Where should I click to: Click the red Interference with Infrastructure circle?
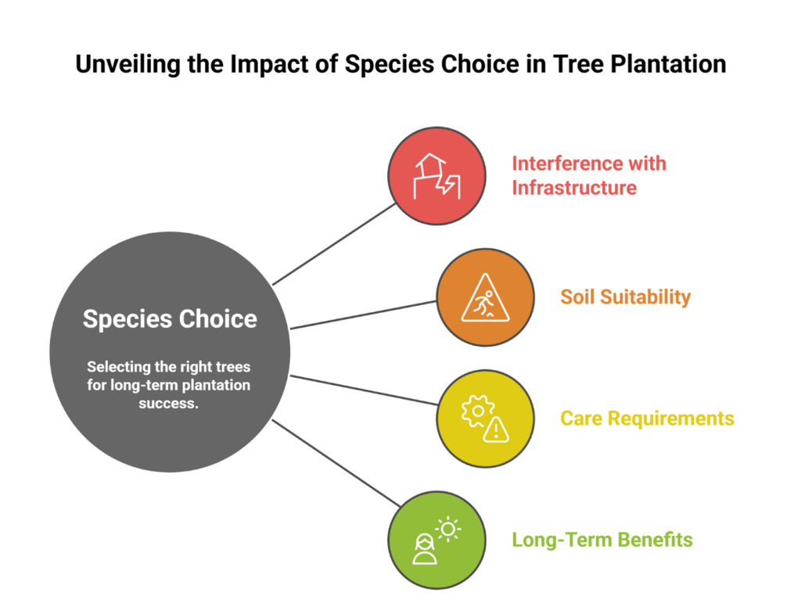pyautogui.click(x=437, y=176)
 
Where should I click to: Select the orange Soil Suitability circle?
pyautogui.click(x=485, y=297)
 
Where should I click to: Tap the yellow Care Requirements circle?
pyautogui.click(x=485, y=419)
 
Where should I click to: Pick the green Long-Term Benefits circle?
pyautogui.click(x=437, y=540)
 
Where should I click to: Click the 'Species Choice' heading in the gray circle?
pyautogui.click(x=170, y=319)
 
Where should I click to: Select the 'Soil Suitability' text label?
pyautogui.click(x=625, y=297)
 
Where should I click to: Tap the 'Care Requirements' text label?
pyautogui.click(x=647, y=419)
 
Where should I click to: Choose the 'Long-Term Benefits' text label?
pyautogui.click(x=602, y=540)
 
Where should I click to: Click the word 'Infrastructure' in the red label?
pyautogui.click(x=574, y=188)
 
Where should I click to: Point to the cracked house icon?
pyautogui.click(x=436, y=177)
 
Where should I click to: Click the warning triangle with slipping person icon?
pyautogui.click(x=485, y=298)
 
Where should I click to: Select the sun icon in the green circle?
pyautogui.click(x=448, y=530)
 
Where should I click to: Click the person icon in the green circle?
pyautogui.click(x=426, y=549)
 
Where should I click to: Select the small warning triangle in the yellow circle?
pyautogui.click(x=496, y=429)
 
